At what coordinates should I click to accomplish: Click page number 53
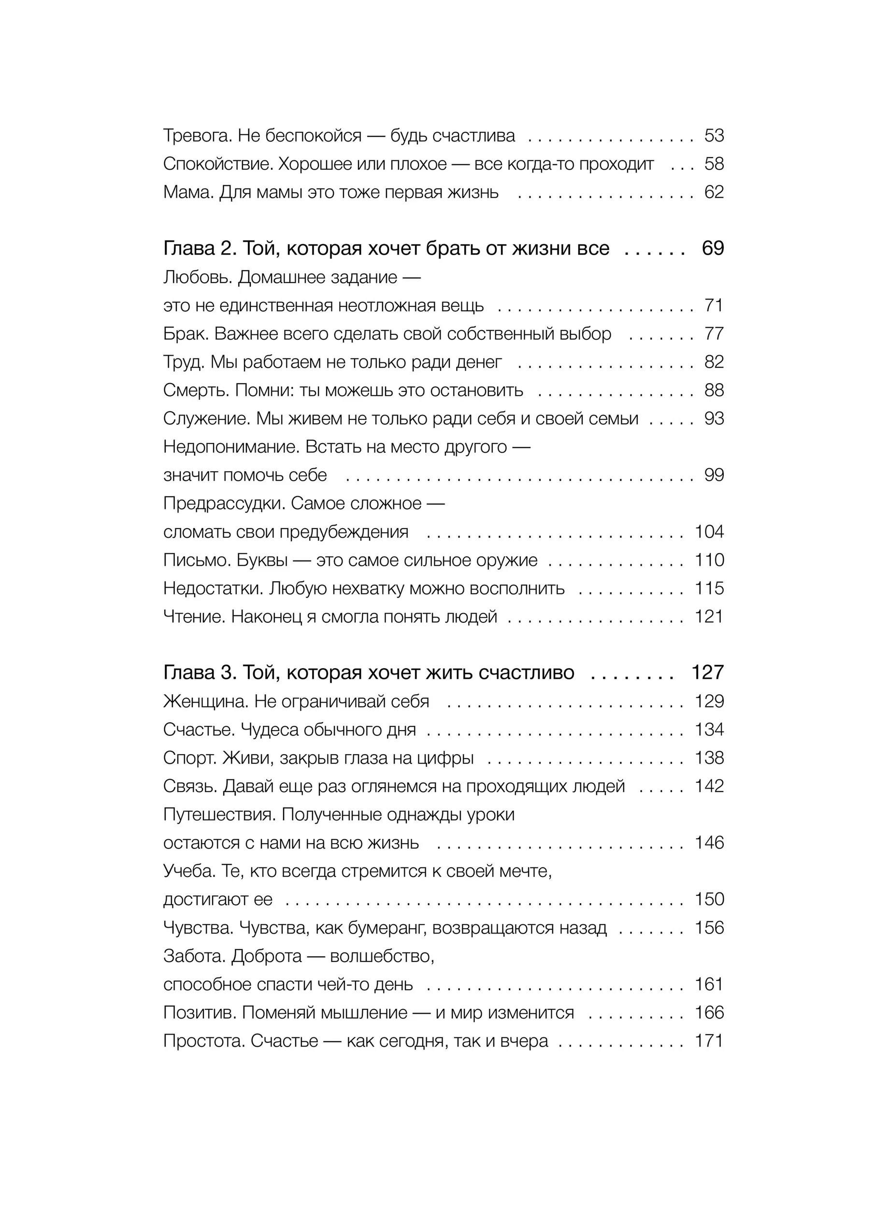(714, 135)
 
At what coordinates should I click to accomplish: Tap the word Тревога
(197, 135)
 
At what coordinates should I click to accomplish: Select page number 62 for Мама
(714, 192)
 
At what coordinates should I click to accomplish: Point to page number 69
(713, 248)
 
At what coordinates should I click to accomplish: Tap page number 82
(714, 362)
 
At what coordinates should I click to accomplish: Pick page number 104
(709, 532)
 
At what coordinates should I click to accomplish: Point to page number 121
(709, 617)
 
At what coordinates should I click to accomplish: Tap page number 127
(707, 673)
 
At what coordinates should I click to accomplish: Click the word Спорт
(189, 758)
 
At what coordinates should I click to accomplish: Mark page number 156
(709, 928)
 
